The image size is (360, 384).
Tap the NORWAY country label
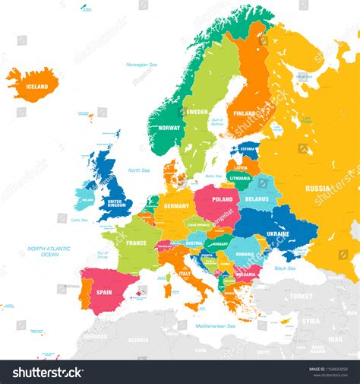pos(170,128)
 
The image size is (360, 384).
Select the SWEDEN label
pos(197,112)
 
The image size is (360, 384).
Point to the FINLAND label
pos(245,114)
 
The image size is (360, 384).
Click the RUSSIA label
pos(317,188)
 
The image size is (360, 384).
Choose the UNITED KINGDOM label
pos(116,203)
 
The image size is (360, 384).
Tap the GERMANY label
pos(176,206)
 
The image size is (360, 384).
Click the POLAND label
pos(223,198)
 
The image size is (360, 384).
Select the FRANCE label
pos(136,243)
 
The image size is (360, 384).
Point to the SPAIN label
pos(104,292)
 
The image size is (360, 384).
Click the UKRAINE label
pos(277,234)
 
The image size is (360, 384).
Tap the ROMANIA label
pos(244,254)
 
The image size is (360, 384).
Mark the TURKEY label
pos(301,296)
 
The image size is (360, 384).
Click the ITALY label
pos(185,274)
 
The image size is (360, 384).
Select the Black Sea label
pos(285,268)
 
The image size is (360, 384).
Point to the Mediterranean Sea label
pos(215,325)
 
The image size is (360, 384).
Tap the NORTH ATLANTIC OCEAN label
pos(49,252)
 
